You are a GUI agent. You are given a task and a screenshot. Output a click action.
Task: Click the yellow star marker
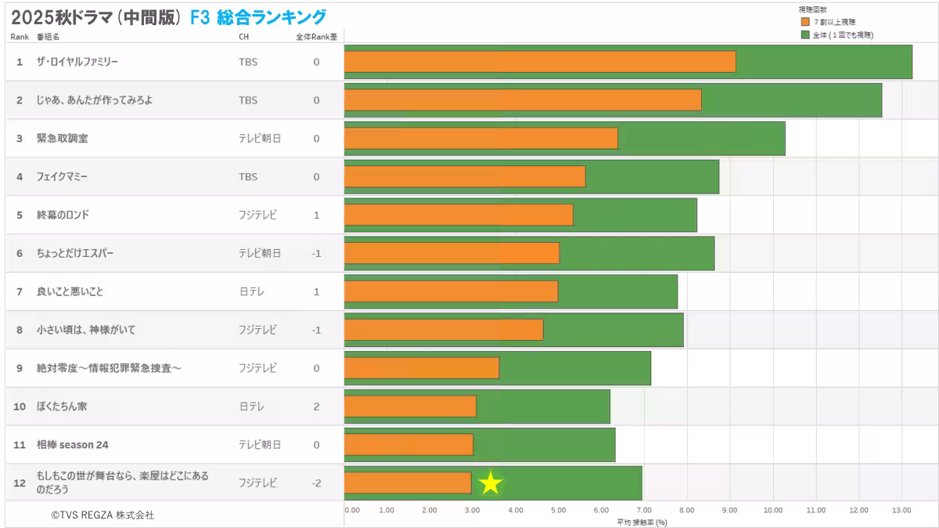[x=490, y=483]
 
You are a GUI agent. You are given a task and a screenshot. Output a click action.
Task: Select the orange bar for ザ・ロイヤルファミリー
[x=539, y=61]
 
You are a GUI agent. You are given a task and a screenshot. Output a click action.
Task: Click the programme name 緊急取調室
[x=62, y=139]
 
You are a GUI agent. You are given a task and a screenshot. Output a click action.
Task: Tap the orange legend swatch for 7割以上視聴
[x=805, y=22]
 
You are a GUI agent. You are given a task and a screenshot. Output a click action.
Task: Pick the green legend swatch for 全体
[x=805, y=34]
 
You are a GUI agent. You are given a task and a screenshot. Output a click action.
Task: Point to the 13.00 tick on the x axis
[x=901, y=510]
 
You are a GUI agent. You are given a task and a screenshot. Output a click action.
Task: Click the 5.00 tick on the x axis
[x=558, y=510]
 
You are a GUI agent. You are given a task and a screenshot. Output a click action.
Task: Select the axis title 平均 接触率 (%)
[x=641, y=522]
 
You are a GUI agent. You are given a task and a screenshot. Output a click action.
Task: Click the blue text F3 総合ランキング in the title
[x=258, y=17]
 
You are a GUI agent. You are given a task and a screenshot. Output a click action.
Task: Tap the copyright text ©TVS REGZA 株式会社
[x=103, y=515]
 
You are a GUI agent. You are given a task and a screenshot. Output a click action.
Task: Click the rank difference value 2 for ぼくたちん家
[x=316, y=407]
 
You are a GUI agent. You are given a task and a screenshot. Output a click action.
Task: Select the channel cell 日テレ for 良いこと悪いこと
[x=251, y=291]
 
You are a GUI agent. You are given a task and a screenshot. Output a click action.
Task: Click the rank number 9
[x=20, y=368]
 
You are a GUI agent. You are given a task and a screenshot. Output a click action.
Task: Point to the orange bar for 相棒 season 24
[x=408, y=444]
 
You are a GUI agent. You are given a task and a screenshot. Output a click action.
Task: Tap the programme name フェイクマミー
[x=62, y=177]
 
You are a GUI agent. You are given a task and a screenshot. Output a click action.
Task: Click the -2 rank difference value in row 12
[x=316, y=483]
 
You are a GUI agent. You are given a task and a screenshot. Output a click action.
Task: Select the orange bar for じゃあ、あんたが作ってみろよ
[x=522, y=99]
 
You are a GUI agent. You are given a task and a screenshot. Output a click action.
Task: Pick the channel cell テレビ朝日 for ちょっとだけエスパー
[x=259, y=253]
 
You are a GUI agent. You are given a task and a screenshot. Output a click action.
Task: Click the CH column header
[x=244, y=37]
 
